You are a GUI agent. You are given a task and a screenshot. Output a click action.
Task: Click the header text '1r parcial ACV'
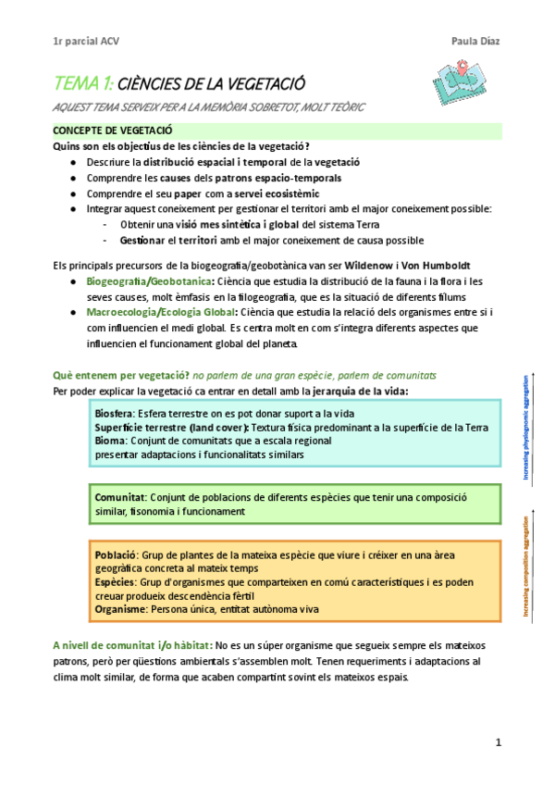(x=86, y=41)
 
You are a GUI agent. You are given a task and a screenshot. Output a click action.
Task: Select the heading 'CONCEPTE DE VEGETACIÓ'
(x=113, y=131)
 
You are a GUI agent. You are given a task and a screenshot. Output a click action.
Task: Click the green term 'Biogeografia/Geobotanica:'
(x=151, y=280)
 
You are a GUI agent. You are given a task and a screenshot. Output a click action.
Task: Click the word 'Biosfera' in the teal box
(x=114, y=413)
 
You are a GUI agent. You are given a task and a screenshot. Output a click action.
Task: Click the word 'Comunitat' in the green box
(x=119, y=497)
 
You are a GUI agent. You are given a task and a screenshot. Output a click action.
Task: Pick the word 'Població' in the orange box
(x=116, y=554)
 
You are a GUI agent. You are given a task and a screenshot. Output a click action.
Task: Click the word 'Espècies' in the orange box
(x=116, y=582)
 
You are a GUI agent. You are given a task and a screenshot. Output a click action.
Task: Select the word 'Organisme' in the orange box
(x=120, y=610)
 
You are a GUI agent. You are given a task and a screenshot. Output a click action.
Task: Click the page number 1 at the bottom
(x=498, y=742)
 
